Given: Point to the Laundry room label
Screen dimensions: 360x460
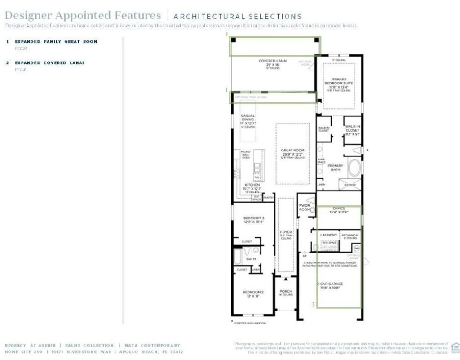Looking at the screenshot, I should (328, 235).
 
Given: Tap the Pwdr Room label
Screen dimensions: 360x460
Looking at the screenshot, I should (305, 207).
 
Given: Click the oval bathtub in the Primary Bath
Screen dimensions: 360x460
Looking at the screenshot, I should (355, 169).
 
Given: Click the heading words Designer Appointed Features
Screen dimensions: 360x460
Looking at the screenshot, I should (83, 16).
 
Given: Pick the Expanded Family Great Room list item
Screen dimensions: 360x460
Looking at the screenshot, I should (56, 41).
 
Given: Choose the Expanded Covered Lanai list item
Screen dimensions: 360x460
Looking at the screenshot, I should (49, 63).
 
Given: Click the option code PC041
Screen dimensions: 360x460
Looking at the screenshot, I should (21, 70).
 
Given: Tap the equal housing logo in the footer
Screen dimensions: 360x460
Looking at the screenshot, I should (455, 347).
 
